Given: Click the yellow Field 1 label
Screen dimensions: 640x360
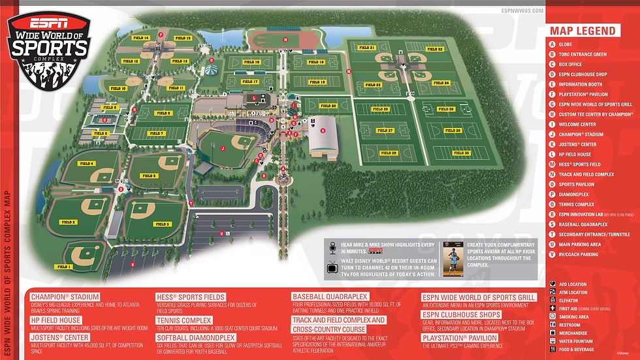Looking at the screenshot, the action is coord(63,267).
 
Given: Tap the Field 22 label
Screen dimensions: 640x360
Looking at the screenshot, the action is coord(436,49).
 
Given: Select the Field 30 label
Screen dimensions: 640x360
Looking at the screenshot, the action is coord(462,153).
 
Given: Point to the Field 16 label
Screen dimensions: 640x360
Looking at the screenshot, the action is coord(251,62).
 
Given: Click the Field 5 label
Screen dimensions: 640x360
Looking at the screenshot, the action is coord(150,176).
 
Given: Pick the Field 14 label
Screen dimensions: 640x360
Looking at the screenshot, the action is coord(141,38).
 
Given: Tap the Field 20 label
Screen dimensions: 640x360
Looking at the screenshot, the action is coord(328,105).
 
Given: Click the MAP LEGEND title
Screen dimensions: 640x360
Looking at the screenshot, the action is coord(583,31).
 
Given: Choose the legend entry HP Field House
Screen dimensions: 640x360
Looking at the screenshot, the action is coord(575,154).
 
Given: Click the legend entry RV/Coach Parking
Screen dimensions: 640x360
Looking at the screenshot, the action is coord(578,254).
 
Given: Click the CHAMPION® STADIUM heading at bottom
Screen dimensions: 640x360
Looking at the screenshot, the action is coord(65,297).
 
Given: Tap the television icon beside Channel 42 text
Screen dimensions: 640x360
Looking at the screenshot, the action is coord(333,266).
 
